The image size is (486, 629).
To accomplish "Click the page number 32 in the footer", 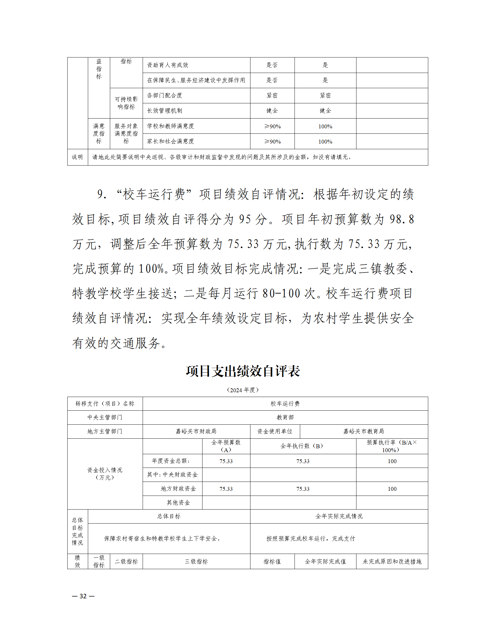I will pos(83,596).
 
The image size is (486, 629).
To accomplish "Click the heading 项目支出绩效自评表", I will pos(243,371).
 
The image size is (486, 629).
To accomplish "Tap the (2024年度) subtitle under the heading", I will pos(243,390).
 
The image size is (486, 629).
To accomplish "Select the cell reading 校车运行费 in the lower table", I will pos(285,404).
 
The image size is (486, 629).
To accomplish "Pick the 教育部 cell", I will pos(285,417).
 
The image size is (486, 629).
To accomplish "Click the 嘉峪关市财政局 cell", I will pos(196,431).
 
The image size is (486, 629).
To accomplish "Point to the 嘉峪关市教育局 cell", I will pos(364,431).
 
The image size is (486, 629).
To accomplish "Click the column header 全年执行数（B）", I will pos(303,446).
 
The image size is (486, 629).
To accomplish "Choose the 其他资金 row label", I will pos(178,502).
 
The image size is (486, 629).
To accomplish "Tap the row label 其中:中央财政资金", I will pos(172,474).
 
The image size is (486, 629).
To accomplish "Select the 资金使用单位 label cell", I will pos(275,431).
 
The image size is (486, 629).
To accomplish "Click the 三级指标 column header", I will pos(196,561).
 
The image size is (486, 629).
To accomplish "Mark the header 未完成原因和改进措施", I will pos(392,561).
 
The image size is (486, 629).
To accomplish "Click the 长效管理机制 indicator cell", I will pos(164,111).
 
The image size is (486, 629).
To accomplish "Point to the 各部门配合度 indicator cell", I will pos(164,96).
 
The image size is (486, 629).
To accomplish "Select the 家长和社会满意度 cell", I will pos(170,141).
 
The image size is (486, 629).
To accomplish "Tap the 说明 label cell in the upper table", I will pos(77,157).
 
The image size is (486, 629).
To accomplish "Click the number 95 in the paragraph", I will pos(245,219).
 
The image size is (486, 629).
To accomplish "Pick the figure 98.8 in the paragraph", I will pos(402,219).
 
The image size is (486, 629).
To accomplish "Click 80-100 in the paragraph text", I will pos(281,293).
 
